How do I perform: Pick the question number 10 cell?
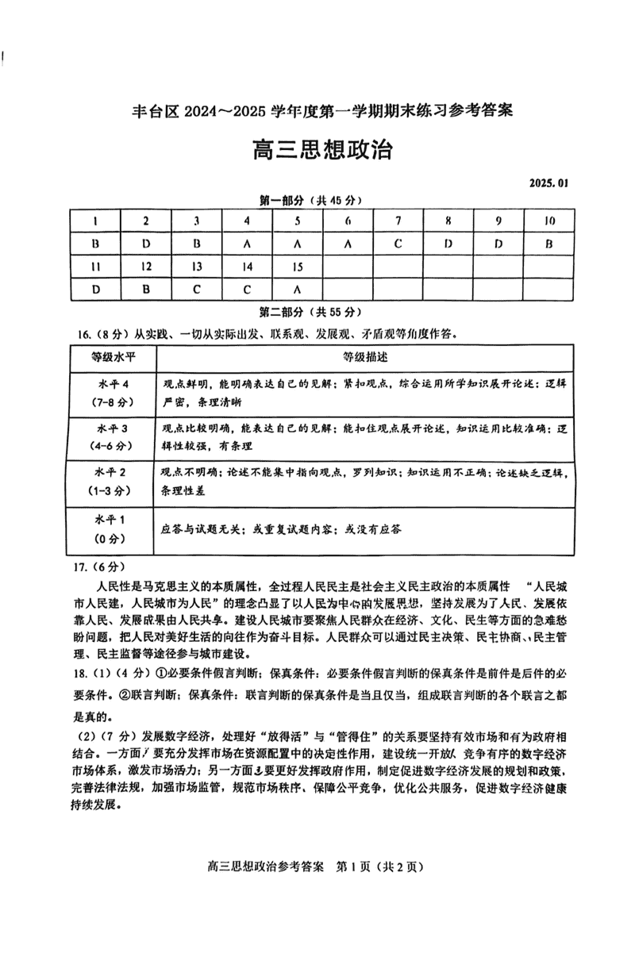click(x=548, y=221)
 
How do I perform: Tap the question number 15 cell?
click(x=298, y=267)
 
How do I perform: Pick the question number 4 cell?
click(x=247, y=221)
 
